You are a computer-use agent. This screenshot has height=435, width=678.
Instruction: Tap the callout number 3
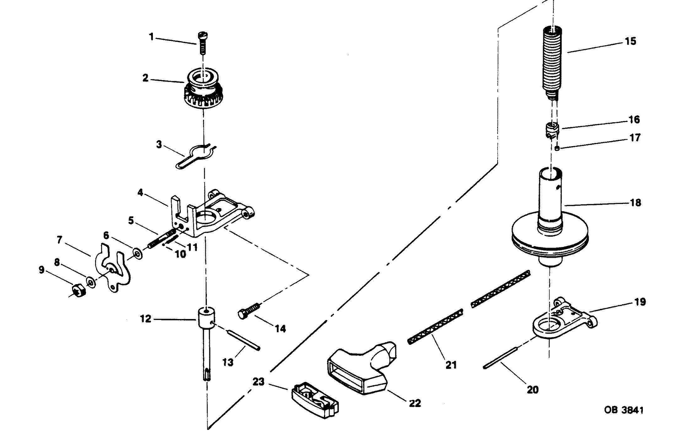[159, 145]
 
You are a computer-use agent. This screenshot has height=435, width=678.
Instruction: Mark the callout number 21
[451, 365]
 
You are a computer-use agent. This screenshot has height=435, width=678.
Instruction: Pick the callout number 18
[635, 203]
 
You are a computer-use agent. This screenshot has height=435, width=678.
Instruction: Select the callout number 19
[640, 302]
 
